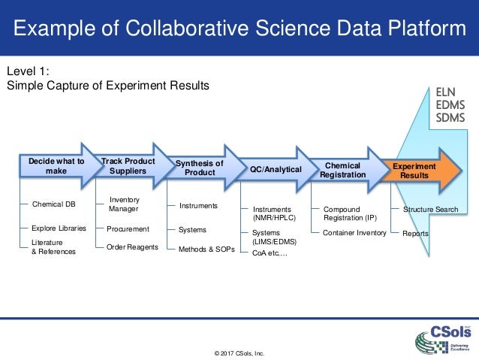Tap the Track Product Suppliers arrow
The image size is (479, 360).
129,166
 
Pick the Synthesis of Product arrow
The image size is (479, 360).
200,168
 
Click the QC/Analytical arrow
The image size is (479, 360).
276,170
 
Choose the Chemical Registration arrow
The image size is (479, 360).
342,170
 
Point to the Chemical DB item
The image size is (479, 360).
53,203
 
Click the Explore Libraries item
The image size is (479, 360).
59,228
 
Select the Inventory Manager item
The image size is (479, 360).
124,204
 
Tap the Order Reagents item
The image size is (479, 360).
132,247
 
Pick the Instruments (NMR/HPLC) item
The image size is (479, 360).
277,213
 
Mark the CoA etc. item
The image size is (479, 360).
270,254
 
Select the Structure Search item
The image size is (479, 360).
430,208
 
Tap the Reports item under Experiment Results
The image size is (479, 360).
415,234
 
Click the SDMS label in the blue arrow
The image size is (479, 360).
450,118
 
